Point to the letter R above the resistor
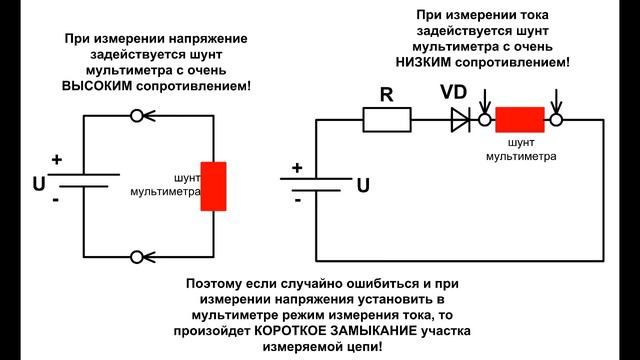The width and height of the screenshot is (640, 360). [385, 96]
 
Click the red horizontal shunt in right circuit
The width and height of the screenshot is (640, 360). [519, 120]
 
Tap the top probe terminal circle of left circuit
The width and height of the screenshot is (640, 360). [137, 116]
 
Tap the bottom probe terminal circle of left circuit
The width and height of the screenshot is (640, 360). [137, 257]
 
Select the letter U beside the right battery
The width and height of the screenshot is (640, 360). [363, 186]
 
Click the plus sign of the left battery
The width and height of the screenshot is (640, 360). [56, 159]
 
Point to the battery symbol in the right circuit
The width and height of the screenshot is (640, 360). [317, 186]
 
